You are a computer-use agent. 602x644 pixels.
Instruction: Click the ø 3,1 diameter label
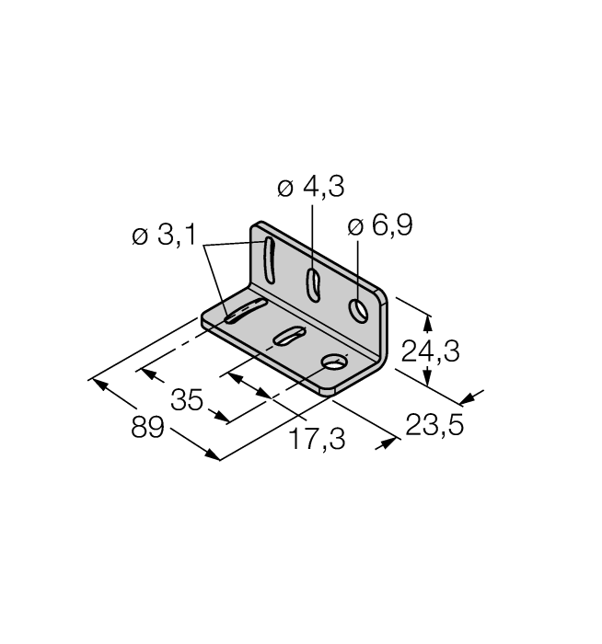(163, 236)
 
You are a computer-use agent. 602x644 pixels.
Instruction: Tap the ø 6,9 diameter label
(380, 227)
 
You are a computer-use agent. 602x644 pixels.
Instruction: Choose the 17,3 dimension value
(316, 440)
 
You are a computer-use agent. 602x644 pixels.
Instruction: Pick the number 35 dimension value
(187, 401)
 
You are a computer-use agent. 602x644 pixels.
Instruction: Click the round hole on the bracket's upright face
(359, 311)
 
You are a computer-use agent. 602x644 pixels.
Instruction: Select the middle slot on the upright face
(312, 283)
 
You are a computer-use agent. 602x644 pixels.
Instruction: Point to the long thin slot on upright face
(268, 260)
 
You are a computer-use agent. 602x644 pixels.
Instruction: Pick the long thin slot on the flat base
(245, 310)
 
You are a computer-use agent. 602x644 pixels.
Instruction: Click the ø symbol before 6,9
(355, 227)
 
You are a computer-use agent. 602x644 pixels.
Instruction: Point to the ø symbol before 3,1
(140, 237)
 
